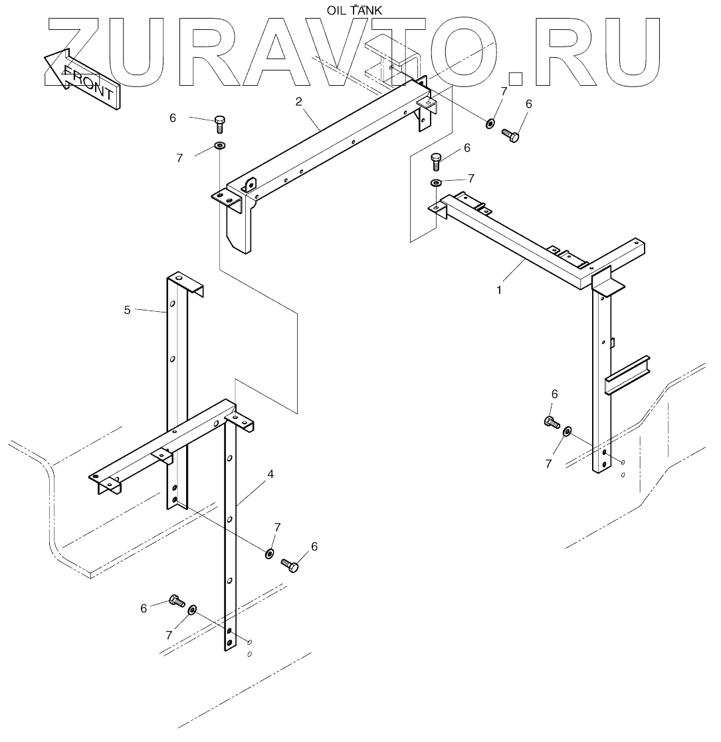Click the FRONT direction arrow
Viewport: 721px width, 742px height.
[80, 79]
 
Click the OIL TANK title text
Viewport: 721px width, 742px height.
[354, 9]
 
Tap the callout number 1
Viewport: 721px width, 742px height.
[500, 290]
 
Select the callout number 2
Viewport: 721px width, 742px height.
[299, 102]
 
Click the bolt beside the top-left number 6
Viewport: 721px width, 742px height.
[221, 124]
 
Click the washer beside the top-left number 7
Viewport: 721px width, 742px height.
[220, 145]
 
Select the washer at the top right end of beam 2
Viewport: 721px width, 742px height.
[490, 123]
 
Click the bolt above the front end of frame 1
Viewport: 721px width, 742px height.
[437, 161]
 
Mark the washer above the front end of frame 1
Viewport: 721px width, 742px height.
[436, 183]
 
